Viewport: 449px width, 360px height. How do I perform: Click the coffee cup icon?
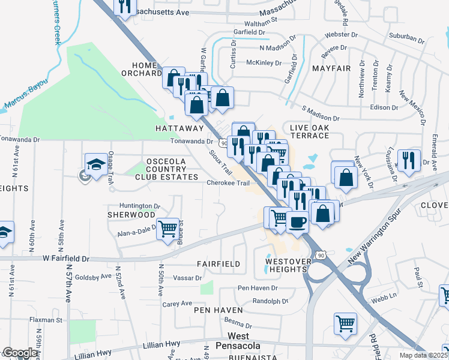tap(297, 221)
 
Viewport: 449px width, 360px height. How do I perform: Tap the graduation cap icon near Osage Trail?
tap(96, 163)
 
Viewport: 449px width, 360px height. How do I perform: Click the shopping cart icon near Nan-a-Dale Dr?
tap(168, 228)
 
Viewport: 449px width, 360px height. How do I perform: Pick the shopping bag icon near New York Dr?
tap(346, 177)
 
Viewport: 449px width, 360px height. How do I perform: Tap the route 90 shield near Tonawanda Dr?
tap(223, 143)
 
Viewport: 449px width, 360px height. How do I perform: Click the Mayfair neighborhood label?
tap(331, 69)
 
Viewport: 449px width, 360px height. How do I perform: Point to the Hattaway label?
tap(180, 128)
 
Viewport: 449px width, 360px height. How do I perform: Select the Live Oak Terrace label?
tap(309, 131)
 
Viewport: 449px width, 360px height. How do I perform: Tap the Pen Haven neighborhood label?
tap(218, 310)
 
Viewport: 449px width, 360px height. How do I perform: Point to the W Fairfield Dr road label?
tap(65, 259)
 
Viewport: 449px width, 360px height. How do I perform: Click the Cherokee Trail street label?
tap(228, 183)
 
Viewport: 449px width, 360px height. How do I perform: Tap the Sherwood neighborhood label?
tap(131, 214)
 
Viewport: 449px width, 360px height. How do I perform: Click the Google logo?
tap(20, 353)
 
